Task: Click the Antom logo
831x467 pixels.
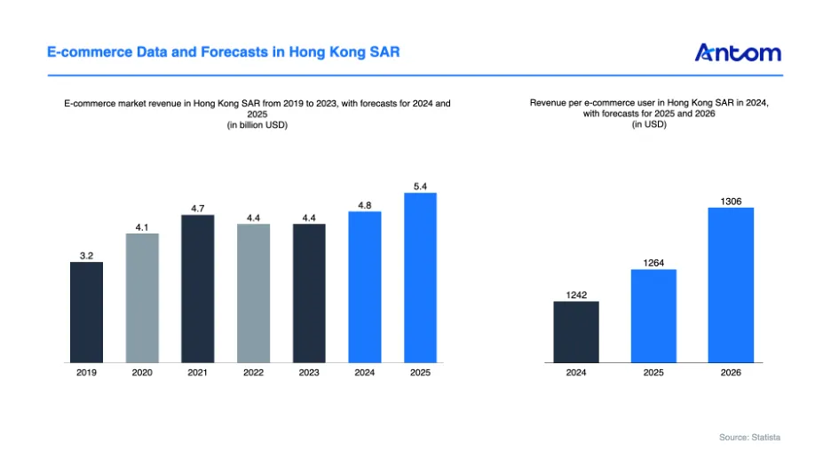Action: click(x=738, y=52)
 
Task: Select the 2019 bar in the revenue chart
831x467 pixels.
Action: click(x=86, y=313)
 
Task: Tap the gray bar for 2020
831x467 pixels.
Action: click(x=142, y=298)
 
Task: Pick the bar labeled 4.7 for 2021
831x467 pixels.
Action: click(x=198, y=289)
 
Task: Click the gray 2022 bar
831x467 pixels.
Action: click(x=253, y=293)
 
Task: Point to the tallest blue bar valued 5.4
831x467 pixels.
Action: click(x=420, y=278)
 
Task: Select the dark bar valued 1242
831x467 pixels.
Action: click(x=576, y=332)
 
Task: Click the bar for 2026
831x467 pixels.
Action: click(x=731, y=285)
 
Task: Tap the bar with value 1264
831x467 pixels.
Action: click(x=653, y=316)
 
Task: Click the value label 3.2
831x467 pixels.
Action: click(x=86, y=256)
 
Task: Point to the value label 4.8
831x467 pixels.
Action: click(x=365, y=205)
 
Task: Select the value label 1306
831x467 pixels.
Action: click(x=731, y=202)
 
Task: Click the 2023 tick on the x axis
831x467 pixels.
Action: click(x=309, y=373)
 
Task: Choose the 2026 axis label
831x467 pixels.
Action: click(x=731, y=373)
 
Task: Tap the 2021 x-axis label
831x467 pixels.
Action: click(x=198, y=373)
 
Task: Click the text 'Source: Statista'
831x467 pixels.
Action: click(x=749, y=438)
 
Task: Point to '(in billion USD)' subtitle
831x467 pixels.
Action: click(x=257, y=125)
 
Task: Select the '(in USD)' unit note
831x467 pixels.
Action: click(x=649, y=124)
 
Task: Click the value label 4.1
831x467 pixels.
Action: click(x=142, y=227)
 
